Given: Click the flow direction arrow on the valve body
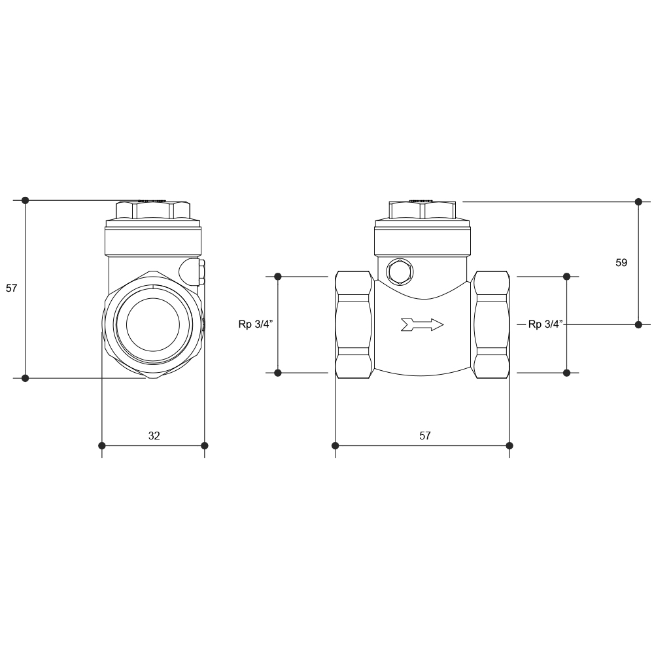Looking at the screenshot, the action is click(x=422, y=324).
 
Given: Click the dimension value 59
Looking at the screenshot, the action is click(x=621, y=263).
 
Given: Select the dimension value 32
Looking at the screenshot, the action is click(x=154, y=436).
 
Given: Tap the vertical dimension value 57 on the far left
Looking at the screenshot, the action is click(x=11, y=288).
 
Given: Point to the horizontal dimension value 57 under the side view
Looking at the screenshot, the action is click(x=424, y=436).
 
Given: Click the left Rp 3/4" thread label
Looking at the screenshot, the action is click(x=255, y=324).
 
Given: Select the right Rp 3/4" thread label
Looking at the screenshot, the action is click(x=545, y=324).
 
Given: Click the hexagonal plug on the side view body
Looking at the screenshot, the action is click(x=400, y=271).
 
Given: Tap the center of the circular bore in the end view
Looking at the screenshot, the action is click(x=152, y=324).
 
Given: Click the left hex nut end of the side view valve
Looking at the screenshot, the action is click(x=354, y=325).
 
